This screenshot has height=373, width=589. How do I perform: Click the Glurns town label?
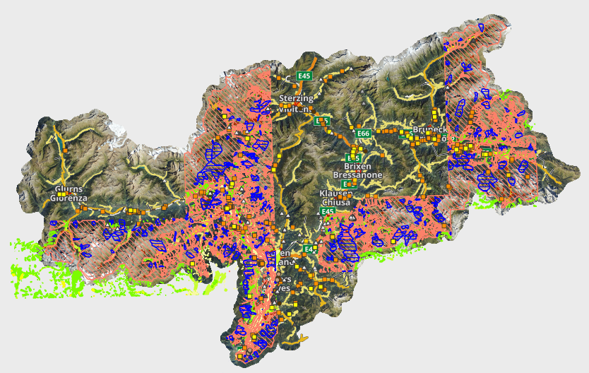(x=69, y=189)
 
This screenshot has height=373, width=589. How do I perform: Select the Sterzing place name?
(x=295, y=99)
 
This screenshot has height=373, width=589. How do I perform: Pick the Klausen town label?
(x=335, y=193)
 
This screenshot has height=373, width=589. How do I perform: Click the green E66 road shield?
(x=364, y=134)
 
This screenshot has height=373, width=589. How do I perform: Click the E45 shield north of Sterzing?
(x=304, y=76)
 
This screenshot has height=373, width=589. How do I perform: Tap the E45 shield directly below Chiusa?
(x=327, y=211)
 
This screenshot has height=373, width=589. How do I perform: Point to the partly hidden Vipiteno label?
(x=294, y=109)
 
